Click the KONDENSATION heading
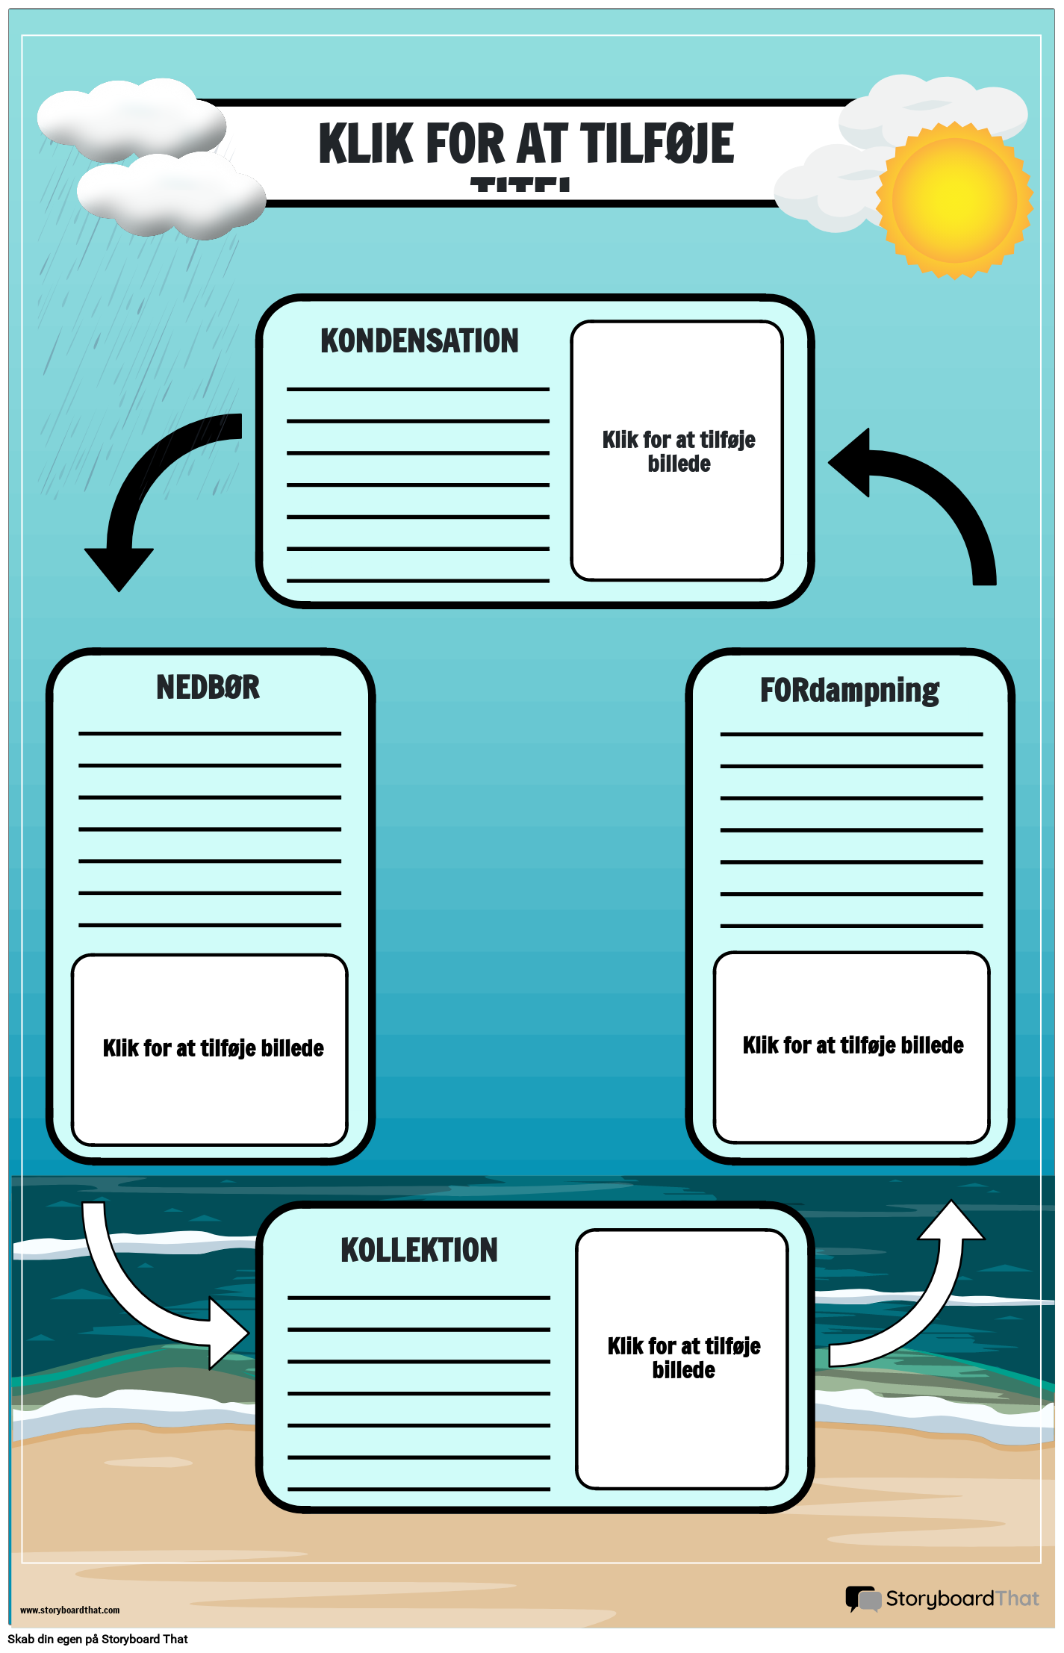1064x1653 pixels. pyautogui.click(x=419, y=341)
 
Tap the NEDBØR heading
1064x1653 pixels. pyautogui.click(x=208, y=688)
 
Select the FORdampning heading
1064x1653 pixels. pyautogui.click(x=849, y=691)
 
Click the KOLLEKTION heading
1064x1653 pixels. pyautogui.click(x=419, y=1250)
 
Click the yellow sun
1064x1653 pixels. pyautogui.click(x=954, y=200)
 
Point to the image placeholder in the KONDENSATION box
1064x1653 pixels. pyautogui.click(x=677, y=450)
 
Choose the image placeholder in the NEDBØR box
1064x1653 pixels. pyautogui.click(x=210, y=1049)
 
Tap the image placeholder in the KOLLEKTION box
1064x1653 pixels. pyautogui.click(x=682, y=1358)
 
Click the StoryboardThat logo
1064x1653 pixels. pyautogui.click(x=942, y=1598)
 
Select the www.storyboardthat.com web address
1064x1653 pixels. pyautogui.click(x=69, y=1610)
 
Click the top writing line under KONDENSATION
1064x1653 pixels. pyautogui.click(x=418, y=389)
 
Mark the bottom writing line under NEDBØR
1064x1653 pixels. pyautogui.click(x=210, y=925)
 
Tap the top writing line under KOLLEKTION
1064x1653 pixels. pyautogui.click(x=419, y=1298)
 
